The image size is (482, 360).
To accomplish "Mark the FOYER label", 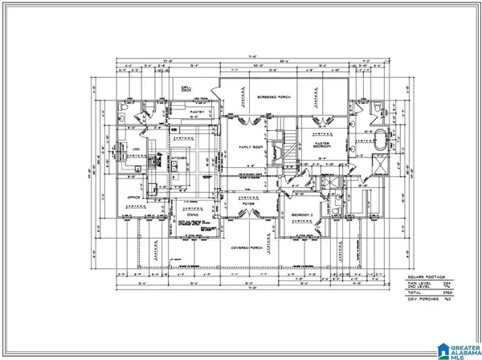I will (x=246, y=204).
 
